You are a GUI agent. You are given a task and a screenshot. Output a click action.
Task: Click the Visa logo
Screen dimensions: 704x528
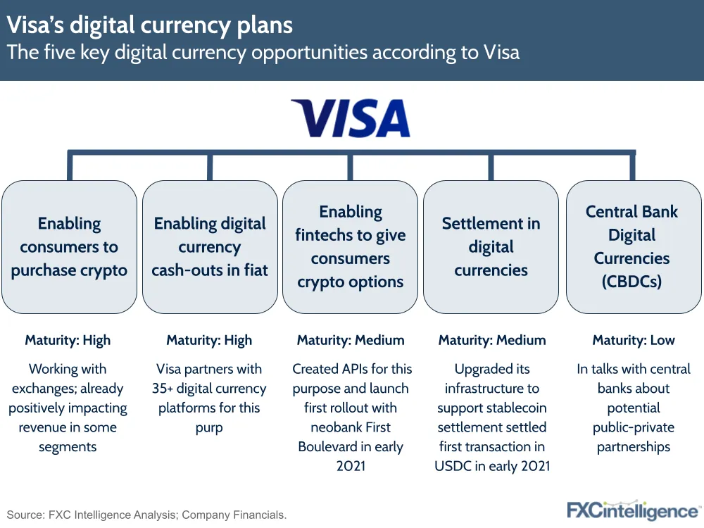[351, 118]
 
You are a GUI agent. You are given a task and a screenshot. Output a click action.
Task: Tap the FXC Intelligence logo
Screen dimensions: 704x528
[633, 511]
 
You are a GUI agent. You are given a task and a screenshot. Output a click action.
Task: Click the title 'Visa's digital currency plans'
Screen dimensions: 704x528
[149, 25]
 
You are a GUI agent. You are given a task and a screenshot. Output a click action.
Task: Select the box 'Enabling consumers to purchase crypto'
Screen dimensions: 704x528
[69, 247]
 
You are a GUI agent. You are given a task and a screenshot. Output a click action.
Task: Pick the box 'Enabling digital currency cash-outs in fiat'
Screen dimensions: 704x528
[210, 247]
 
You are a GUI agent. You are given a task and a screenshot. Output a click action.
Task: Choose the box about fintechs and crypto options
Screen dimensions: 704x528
[350, 247]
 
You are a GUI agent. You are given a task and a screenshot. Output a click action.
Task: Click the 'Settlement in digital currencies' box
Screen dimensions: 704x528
[491, 247]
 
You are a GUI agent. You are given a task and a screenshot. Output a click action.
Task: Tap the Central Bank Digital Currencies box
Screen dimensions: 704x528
[634, 247]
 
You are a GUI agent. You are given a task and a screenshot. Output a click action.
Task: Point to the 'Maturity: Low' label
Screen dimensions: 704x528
[634, 340]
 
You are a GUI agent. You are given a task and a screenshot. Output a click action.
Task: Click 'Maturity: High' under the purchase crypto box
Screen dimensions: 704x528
[68, 340]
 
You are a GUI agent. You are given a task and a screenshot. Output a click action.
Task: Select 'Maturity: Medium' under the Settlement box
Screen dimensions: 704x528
[492, 340]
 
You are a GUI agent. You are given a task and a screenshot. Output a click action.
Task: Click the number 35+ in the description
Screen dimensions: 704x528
[162, 389]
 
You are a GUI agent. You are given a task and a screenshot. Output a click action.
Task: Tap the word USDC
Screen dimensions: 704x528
[453, 466]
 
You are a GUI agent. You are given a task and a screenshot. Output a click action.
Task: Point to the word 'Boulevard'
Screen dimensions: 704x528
[328, 447]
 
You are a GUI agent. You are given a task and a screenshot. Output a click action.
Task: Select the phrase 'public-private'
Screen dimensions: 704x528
[634, 427]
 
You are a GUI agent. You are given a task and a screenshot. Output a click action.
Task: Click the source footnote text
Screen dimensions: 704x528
[146, 515]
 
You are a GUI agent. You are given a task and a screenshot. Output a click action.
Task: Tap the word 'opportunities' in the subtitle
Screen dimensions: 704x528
[309, 53]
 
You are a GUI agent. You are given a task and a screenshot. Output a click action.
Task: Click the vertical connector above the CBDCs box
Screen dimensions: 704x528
[633, 167]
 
